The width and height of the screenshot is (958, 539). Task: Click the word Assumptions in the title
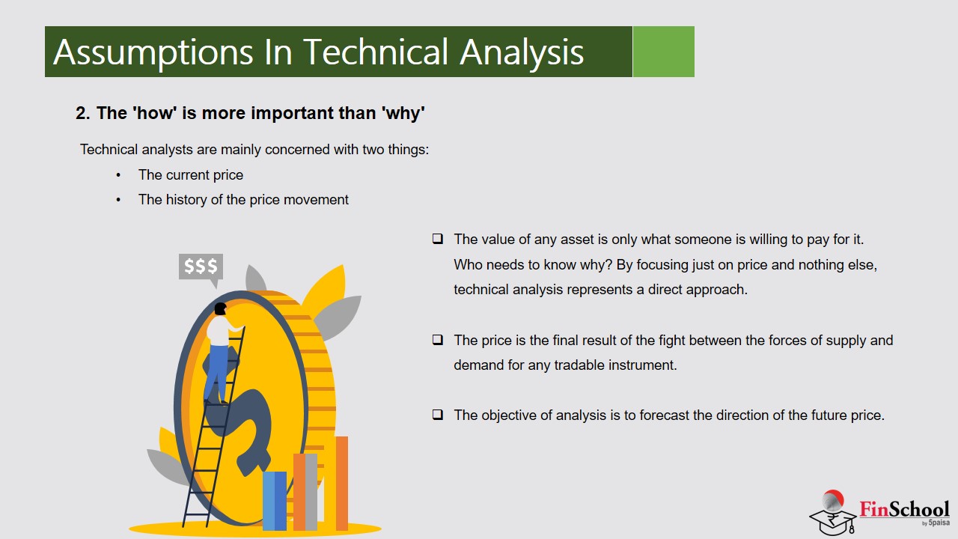tap(153, 52)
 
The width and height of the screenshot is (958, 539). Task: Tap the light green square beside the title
tap(663, 52)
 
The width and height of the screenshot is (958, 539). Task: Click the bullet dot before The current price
tap(118, 175)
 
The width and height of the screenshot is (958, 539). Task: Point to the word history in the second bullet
tap(186, 200)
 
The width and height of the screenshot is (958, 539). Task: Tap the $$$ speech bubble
tap(201, 267)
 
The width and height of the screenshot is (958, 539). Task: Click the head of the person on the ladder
tap(220, 308)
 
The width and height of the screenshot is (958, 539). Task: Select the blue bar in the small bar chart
tap(274, 501)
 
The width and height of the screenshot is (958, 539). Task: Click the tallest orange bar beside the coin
tap(342, 484)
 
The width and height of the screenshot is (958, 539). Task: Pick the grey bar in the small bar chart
tap(311, 492)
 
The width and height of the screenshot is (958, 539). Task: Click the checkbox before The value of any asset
tap(438, 239)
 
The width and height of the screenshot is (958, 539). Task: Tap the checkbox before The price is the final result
tap(438, 340)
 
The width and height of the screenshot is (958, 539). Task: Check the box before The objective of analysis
tap(438, 415)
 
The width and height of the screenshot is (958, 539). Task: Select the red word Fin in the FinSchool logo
tap(875, 509)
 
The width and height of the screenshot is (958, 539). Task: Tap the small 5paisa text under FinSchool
tap(939, 523)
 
